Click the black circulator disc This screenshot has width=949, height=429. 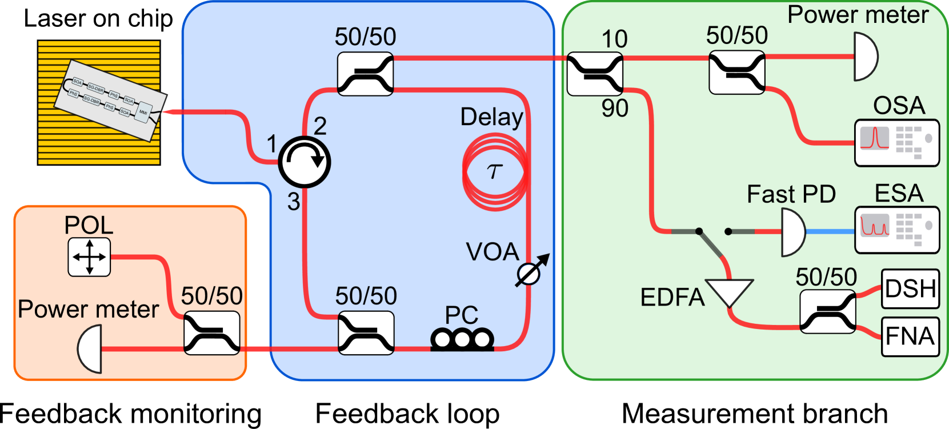point(305,162)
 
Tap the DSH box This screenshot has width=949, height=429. point(910,289)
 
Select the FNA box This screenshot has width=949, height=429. point(910,336)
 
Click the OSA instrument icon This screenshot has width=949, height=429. point(896,143)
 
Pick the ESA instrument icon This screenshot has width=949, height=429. point(896,230)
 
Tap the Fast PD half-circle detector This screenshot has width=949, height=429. point(792,232)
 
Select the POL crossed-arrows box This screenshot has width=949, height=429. point(89,258)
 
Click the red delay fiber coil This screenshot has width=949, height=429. point(495,171)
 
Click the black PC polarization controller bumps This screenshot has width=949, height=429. point(462,339)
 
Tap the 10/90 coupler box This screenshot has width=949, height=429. point(595,74)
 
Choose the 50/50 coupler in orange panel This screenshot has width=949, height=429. point(212,333)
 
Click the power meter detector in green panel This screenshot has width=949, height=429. point(864,57)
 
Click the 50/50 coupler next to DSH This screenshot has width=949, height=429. point(827,311)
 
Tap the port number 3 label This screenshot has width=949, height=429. point(294,202)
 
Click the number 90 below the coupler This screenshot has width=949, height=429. point(614,108)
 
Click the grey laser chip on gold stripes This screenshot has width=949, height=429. point(109,99)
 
